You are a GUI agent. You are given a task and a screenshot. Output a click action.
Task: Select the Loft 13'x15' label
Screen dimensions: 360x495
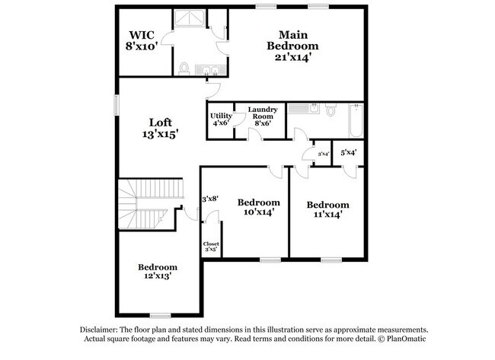point(160,128)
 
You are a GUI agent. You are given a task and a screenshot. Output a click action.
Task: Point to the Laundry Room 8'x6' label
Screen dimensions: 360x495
point(263,118)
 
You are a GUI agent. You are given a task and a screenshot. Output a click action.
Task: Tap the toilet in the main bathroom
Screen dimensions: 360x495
point(184,69)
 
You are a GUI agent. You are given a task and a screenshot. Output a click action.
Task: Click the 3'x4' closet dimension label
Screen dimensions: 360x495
point(322,155)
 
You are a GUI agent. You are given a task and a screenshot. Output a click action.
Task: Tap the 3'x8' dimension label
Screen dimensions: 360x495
point(209,199)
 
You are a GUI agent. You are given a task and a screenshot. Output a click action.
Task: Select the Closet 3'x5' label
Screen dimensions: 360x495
point(211,247)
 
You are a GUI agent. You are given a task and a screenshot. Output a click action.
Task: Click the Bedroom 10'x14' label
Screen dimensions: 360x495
point(258,207)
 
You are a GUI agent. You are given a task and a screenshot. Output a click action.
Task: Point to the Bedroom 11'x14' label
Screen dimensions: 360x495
point(327,209)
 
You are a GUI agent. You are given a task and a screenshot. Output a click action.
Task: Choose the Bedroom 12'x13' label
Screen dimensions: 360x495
point(158,272)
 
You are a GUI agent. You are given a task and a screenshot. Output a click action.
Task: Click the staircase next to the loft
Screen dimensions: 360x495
point(152,203)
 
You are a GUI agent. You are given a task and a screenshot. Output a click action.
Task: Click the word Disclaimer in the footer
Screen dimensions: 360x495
point(100,329)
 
